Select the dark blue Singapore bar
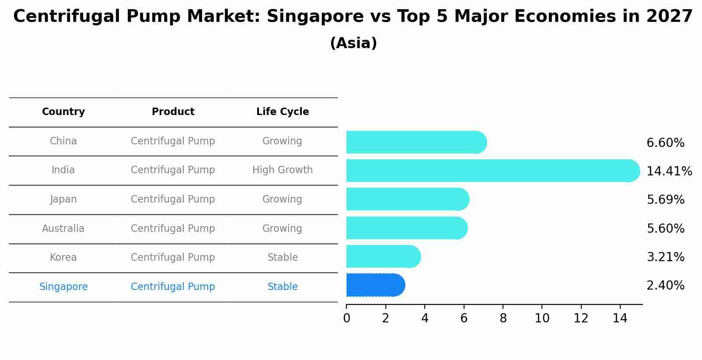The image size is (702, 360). tap(375, 285)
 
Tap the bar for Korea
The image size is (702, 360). tap(383, 256)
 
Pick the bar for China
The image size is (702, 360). tap(416, 142)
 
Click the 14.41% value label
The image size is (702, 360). tap(669, 171)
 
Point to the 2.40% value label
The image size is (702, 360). tap(665, 286)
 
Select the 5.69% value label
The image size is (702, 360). tap(665, 200)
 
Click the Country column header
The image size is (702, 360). tap(63, 112)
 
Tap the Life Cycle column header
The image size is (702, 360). tap(283, 112)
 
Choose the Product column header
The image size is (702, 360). tap(173, 112)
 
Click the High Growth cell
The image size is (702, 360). tap(283, 170)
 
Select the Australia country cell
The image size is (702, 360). tap(63, 228)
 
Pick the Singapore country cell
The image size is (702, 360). tap(63, 287)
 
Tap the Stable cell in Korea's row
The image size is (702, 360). tap(283, 258)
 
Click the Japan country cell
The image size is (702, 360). tap(63, 199)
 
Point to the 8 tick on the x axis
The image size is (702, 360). tap(503, 318)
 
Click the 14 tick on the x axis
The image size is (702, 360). tap(620, 318)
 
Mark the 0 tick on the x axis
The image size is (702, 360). tap(346, 318)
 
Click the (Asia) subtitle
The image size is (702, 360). tap(353, 43)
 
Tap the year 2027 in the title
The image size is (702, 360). tap(669, 17)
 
